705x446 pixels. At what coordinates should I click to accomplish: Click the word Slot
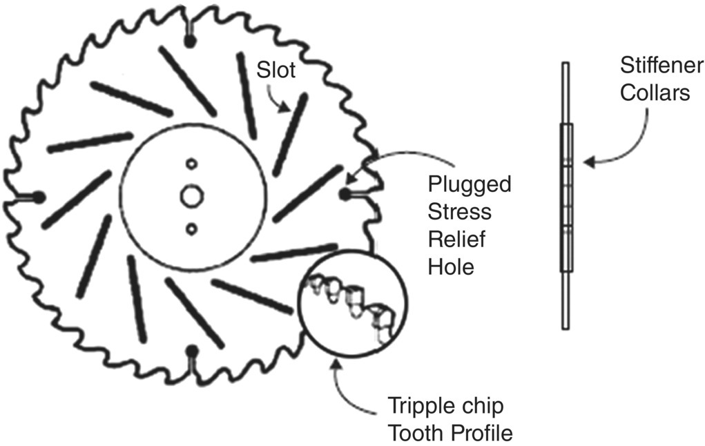276,70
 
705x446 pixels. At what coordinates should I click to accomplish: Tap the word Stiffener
661,66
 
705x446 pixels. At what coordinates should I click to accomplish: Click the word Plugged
470,185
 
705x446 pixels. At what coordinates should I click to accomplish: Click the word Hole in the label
451,266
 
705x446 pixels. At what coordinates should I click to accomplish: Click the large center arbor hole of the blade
191,196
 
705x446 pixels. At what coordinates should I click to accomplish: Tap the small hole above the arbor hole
191,164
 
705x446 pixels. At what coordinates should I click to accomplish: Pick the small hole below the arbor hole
191,227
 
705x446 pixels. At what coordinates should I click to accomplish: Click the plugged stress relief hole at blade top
191,42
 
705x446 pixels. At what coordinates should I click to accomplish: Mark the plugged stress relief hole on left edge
39,197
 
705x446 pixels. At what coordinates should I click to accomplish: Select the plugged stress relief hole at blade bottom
193,350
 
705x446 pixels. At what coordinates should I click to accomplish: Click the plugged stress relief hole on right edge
344,195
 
